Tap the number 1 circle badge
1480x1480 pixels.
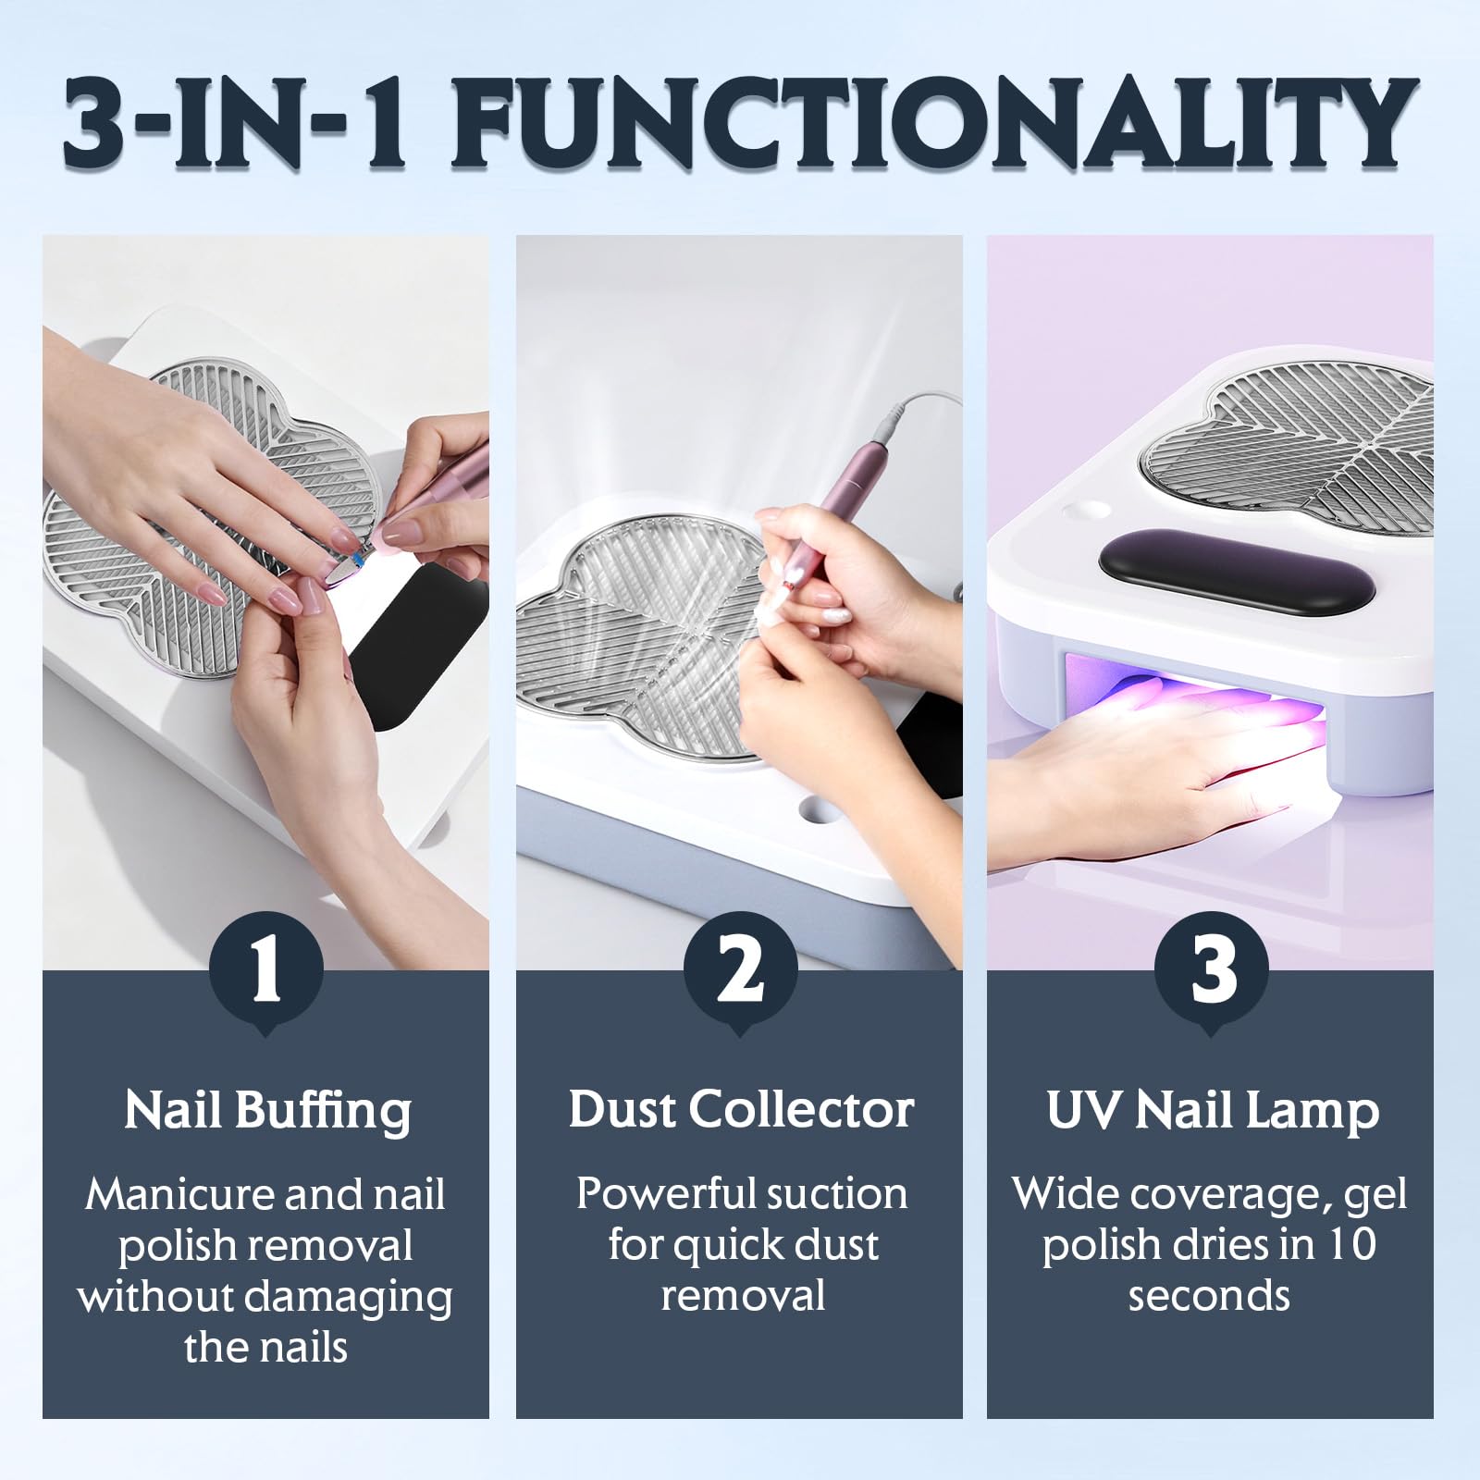(266, 970)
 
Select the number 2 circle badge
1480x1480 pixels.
(740, 970)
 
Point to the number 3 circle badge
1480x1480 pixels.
(1212, 970)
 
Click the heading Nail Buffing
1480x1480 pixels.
(267, 1111)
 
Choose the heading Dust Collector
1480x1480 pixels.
(741, 1109)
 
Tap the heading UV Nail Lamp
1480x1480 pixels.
(1212, 1111)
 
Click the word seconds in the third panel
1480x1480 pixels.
(1209, 1296)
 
